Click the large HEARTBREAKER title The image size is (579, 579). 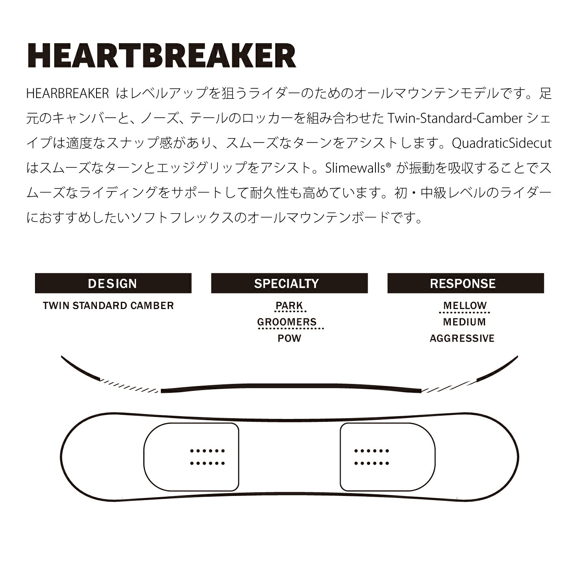162,56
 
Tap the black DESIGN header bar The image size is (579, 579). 113,283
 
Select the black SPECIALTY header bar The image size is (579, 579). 289,283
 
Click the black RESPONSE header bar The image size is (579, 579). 465,283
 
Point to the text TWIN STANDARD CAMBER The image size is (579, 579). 108,305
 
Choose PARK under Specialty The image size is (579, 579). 289,305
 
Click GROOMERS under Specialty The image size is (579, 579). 287,322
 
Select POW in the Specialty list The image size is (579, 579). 289,338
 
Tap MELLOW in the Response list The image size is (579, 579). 465,305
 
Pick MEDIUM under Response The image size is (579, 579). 464,322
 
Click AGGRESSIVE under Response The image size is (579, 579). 462,338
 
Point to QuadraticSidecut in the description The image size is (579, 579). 502,143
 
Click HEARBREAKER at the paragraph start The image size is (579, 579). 68,94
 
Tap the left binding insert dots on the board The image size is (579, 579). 207,457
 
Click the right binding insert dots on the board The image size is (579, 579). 372,457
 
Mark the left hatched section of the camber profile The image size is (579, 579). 129,386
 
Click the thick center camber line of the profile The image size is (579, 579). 291,386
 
